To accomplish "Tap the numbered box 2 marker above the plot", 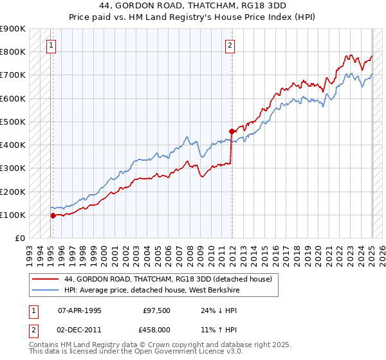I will (230, 45).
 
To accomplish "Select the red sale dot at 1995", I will (53, 215).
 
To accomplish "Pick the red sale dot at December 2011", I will (232, 131).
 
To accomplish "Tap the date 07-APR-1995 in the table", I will (80, 310).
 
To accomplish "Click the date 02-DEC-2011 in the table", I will (80, 329).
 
